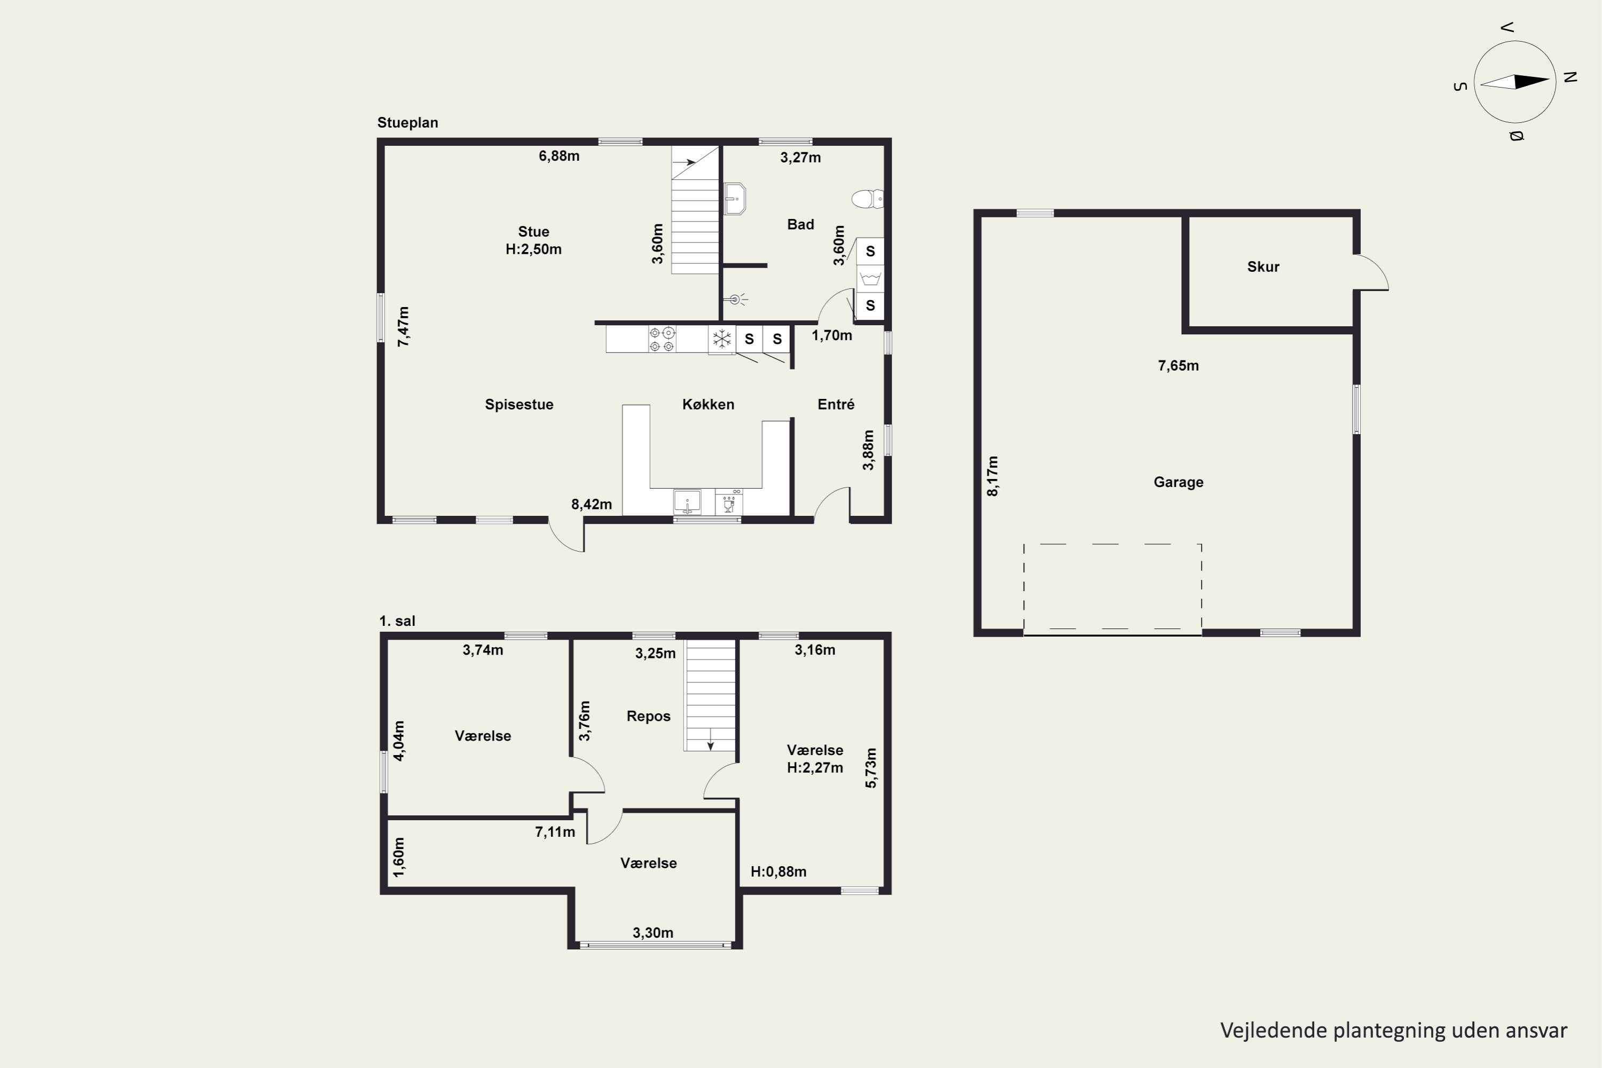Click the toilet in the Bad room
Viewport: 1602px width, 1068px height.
point(867,199)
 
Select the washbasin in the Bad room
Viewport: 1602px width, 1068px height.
point(734,199)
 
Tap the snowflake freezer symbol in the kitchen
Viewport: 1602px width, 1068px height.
point(721,339)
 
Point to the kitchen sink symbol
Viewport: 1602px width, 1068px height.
point(687,502)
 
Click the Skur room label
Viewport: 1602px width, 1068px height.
point(1263,267)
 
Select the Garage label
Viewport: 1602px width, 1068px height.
point(1179,482)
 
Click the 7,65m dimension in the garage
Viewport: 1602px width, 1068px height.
point(1179,366)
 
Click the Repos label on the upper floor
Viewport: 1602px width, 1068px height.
point(648,716)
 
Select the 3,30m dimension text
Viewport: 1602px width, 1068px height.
point(653,933)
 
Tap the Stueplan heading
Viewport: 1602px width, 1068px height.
point(407,123)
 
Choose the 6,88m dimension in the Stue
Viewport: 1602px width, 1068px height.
point(559,156)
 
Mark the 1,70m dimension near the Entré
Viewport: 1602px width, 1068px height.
point(831,336)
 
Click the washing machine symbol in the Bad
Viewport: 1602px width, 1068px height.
point(870,279)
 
